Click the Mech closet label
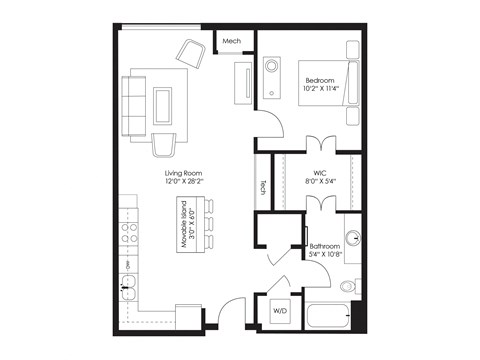(x=231, y=41)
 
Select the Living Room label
(x=184, y=174)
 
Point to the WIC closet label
(x=321, y=172)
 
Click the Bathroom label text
(x=324, y=245)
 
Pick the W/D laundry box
(x=279, y=312)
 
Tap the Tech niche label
(x=263, y=186)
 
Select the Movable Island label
(x=186, y=225)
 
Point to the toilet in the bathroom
(x=348, y=285)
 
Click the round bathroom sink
(x=351, y=237)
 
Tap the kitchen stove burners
(x=129, y=233)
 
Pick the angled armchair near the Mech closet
(x=190, y=53)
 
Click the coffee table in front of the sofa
(x=161, y=105)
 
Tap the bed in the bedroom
(x=329, y=82)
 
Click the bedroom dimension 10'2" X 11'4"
(x=321, y=88)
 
